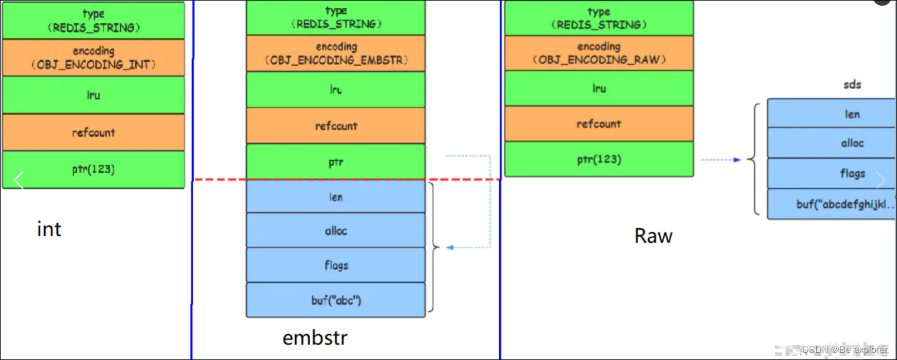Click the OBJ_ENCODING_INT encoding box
93,58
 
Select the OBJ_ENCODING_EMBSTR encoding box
335,54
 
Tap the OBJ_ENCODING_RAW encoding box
599,54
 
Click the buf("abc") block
335,300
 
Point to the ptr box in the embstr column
335,161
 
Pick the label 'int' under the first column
49,229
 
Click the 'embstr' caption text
315,338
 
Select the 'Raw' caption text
653,236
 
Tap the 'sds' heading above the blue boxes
852,84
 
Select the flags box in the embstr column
335,265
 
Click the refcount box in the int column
93,133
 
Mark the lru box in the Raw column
599,88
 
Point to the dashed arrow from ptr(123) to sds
720,160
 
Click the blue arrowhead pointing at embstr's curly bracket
450,247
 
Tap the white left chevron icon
19,180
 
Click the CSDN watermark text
844,349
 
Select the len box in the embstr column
335,197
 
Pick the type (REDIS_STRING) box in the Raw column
599,18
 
